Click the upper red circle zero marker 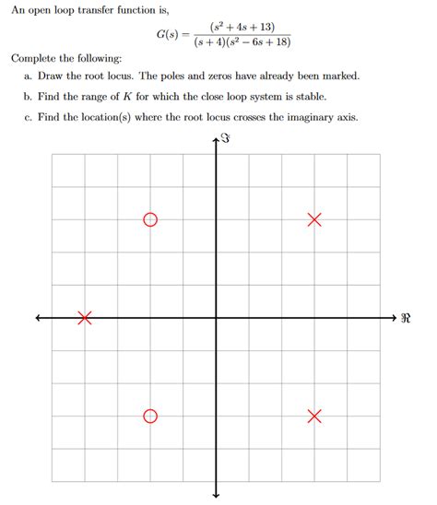tap(150, 219)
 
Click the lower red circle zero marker tap(150, 417)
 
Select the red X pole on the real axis tap(85, 318)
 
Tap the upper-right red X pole tap(314, 219)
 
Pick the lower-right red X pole tap(314, 417)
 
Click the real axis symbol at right tap(407, 320)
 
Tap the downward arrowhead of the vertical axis tap(216, 495)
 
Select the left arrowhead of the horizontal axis tap(39, 318)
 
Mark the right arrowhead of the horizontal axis tap(393, 318)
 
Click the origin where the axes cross tap(216, 318)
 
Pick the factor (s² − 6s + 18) tap(263, 44)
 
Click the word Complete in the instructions tap(36, 60)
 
